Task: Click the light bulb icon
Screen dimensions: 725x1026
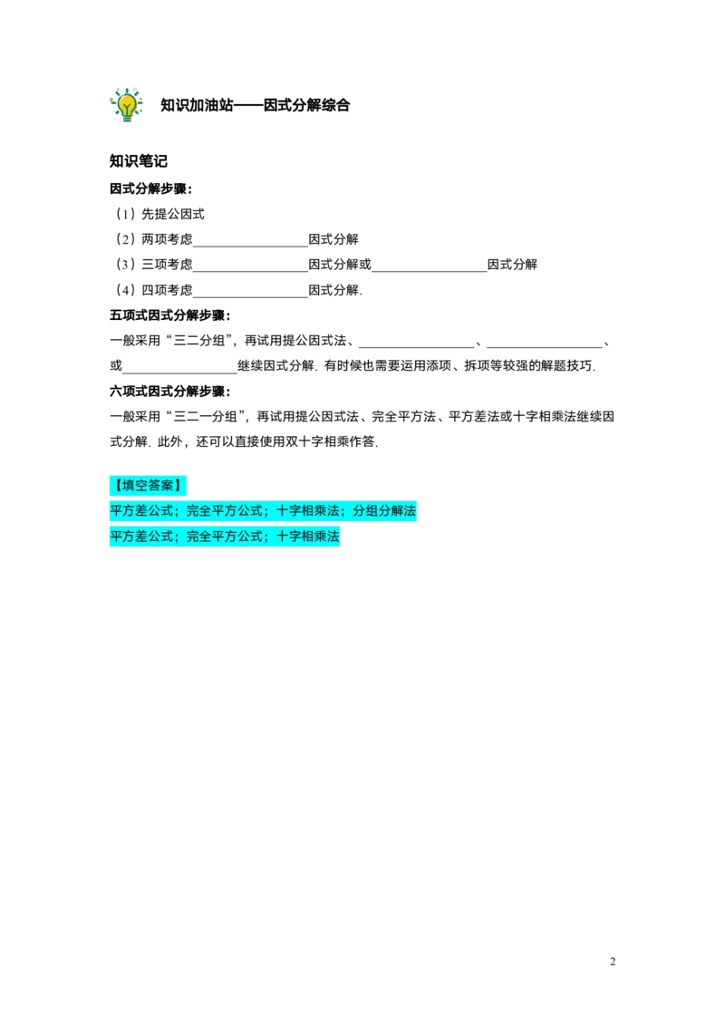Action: (126, 105)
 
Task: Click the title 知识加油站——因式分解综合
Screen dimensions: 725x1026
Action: (256, 105)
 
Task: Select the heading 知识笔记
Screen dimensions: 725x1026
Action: (138, 161)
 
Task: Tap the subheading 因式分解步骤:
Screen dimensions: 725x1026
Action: (151, 189)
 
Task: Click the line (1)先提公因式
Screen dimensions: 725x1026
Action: (159, 214)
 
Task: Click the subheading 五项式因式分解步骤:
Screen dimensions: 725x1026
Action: (170, 315)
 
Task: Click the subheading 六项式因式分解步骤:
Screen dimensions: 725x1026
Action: (170, 392)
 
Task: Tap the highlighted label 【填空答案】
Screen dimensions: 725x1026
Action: (148, 486)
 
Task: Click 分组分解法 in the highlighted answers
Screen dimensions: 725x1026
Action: (384, 511)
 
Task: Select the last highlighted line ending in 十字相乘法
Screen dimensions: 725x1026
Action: (225, 537)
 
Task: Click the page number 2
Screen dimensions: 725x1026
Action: (613, 962)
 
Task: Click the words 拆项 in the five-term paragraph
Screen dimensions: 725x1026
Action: (477, 366)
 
